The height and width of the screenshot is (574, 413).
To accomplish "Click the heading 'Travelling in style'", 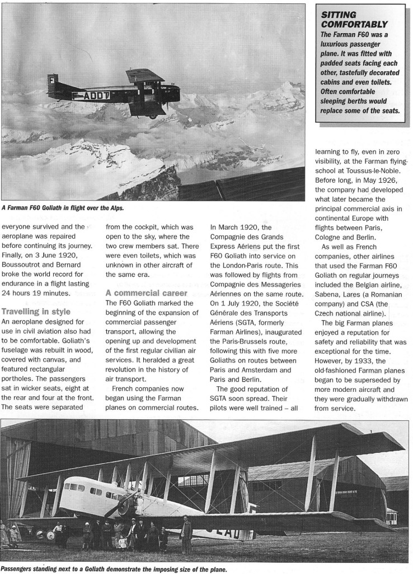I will pos(36,311).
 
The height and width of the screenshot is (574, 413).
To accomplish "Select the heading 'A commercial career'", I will pos(141,293).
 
